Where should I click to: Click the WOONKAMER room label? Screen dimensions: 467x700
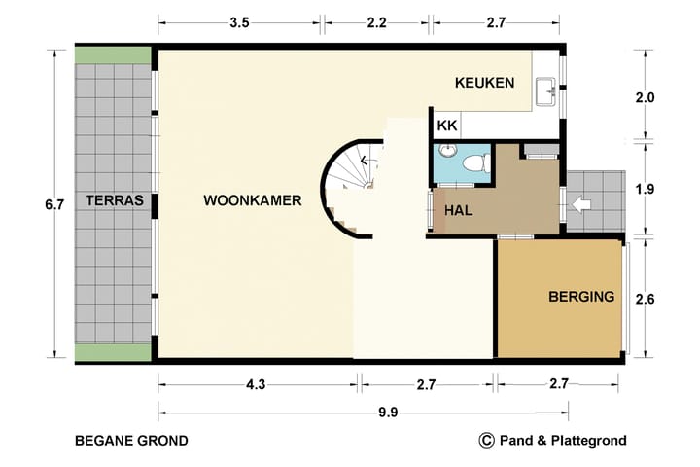[253, 201]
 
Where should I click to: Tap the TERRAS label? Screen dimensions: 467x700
[114, 201]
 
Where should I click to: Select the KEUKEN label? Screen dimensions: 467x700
[484, 83]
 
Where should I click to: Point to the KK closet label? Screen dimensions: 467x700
[447, 126]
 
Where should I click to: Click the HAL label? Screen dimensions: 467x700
[459, 210]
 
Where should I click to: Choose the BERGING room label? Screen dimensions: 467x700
[580, 297]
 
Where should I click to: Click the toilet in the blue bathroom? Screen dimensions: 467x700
[476, 161]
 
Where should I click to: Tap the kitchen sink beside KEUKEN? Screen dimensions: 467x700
[546, 92]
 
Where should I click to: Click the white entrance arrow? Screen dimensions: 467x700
[580, 205]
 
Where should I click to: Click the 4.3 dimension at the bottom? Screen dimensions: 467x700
[256, 385]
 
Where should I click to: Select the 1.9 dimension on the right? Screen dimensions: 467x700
[645, 189]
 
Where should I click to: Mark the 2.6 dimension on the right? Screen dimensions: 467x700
[645, 300]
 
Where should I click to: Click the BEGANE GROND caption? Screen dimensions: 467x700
[131, 441]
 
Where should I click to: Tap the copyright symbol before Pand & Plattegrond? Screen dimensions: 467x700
[487, 440]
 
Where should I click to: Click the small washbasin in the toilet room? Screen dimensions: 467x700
[447, 150]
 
